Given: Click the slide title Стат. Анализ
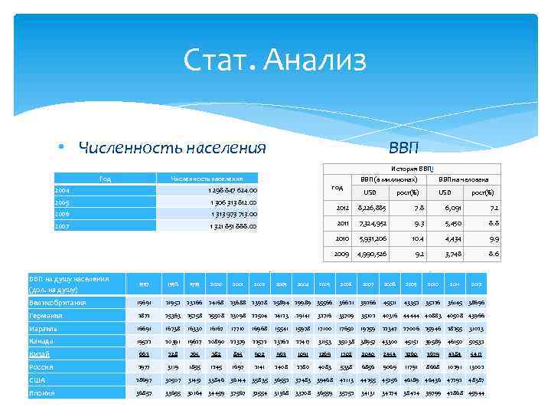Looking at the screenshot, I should pos(275,59).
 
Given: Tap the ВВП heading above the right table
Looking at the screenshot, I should pos(403,146).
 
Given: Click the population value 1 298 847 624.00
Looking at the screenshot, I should pos(233,190).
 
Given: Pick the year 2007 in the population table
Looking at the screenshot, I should pos(63,226).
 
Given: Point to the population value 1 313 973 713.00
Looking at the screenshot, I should pos(233,214).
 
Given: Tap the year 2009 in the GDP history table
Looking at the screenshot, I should pos(341,253).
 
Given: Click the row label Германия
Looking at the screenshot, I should pos(47,316).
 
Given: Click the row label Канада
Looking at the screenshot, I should pos(44,341).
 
